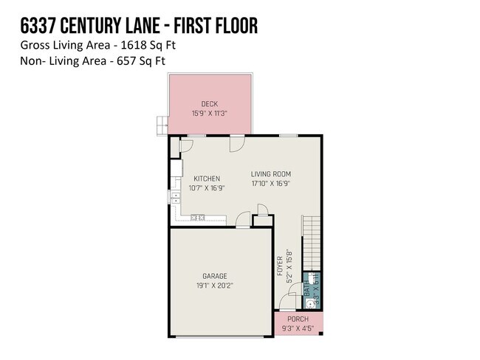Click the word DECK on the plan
[x=209, y=104]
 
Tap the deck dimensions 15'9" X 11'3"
[x=209, y=114]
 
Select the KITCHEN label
[x=207, y=179]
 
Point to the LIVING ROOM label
[x=271, y=175]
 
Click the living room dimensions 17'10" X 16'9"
[x=271, y=184]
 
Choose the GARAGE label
[x=216, y=275]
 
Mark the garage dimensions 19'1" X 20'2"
[x=216, y=285]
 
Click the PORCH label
[x=298, y=319]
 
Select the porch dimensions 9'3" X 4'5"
[x=298, y=328]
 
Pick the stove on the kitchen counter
[x=197, y=218]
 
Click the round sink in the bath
[x=310, y=304]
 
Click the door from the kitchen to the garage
[x=241, y=219]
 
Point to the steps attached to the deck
[x=162, y=125]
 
